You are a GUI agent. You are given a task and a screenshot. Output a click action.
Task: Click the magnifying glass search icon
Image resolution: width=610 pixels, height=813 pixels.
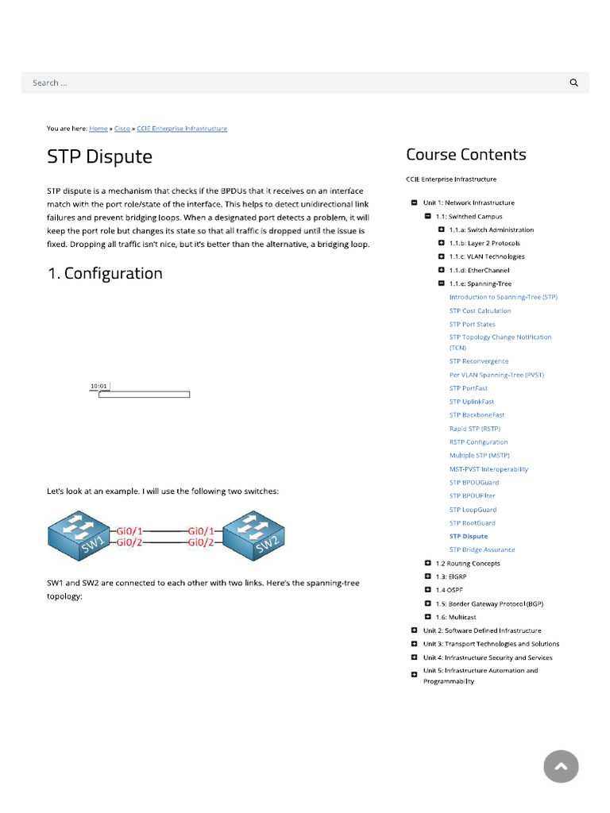tap(574, 83)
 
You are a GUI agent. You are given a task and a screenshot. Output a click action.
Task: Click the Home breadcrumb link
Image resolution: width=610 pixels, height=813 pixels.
tap(98, 129)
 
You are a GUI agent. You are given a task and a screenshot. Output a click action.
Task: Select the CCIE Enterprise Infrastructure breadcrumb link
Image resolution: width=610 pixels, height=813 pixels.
tap(182, 129)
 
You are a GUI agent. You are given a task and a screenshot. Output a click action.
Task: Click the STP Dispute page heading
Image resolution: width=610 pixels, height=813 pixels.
tap(99, 156)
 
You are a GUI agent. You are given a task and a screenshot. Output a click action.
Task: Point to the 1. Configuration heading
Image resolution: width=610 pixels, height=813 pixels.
tap(105, 274)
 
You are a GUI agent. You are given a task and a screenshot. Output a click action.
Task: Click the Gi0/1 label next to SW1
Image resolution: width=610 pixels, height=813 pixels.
tap(129, 530)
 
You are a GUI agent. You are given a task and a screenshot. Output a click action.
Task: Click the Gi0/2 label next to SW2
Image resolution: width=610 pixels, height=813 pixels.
tap(200, 542)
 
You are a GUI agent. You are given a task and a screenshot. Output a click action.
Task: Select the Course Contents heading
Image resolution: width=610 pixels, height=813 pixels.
tap(466, 155)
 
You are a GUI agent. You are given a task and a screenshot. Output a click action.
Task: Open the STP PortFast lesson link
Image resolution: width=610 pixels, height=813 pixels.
tap(469, 388)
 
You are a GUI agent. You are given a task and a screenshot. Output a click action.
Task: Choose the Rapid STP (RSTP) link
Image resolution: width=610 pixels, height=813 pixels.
tap(475, 429)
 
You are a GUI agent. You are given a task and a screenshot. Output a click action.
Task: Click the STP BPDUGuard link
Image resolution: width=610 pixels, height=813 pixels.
tap(474, 483)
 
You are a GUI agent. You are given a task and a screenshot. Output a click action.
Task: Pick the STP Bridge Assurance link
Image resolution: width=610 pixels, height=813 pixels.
tap(482, 549)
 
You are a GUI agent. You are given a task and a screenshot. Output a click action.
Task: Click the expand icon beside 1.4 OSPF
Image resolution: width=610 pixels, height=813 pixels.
tap(428, 590)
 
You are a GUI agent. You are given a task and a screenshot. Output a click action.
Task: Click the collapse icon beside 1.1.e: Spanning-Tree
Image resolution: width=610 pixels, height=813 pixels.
tap(441, 283)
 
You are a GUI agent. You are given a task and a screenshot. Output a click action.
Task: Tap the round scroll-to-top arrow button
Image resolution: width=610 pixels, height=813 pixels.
tap(561, 766)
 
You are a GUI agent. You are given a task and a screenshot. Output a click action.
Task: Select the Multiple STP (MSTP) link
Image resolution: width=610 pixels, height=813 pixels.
tap(480, 456)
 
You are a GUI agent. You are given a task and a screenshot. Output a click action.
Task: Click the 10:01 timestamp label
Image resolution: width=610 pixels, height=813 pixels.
tap(98, 386)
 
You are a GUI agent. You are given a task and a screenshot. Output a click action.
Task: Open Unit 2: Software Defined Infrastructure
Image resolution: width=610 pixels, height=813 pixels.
tap(482, 630)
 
